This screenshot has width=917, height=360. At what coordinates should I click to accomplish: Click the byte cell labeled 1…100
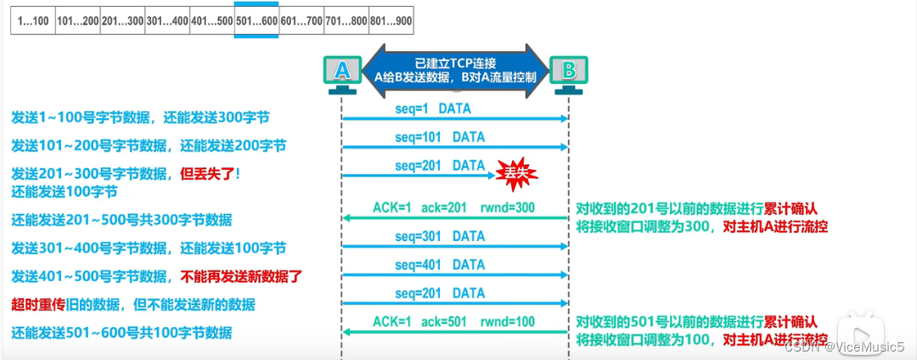point(32,20)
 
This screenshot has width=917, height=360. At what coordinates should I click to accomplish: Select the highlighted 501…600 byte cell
point(256,20)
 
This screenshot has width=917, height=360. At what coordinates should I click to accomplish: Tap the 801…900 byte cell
point(391,20)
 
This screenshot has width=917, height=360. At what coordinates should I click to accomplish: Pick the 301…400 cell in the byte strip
point(166,20)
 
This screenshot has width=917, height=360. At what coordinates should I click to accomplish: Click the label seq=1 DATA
point(433,110)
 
